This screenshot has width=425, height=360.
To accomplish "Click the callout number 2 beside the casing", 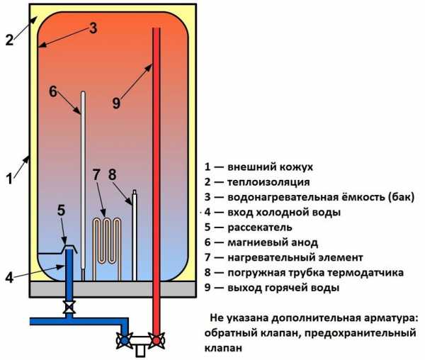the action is (x=9, y=40).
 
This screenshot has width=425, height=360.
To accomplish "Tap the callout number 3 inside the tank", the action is (x=93, y=28).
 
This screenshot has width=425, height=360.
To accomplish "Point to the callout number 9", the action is (x=116, y=103).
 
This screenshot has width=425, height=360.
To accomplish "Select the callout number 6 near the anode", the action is (x=53, y=91).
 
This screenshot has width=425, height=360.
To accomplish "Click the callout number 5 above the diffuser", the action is (x=61, y=210).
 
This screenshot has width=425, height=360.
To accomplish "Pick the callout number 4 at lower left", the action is (x=9, y=278).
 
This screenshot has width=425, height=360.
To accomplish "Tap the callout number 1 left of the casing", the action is (x=9, y=179).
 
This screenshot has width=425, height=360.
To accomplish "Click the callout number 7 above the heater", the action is (x=96, y=174).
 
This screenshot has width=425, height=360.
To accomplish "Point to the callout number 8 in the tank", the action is (x=112, y=174).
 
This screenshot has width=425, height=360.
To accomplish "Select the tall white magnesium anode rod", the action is (x=83, y=186).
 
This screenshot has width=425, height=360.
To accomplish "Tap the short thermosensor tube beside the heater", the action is (x=135, y=235).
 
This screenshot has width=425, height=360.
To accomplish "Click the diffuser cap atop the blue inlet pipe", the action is (x=69, y=247).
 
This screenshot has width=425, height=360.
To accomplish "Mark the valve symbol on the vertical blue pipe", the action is (x=69, y=307).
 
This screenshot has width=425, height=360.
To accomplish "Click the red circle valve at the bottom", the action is (x=156, y=340).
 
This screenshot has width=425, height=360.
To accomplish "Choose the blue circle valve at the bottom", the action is (x=125, y=340).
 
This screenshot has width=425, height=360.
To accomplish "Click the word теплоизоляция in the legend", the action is (x=268, y=182).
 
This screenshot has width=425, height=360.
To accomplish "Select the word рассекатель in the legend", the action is (x=260, y=227).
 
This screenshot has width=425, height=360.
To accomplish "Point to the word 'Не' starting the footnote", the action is (x=216, y=317).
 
